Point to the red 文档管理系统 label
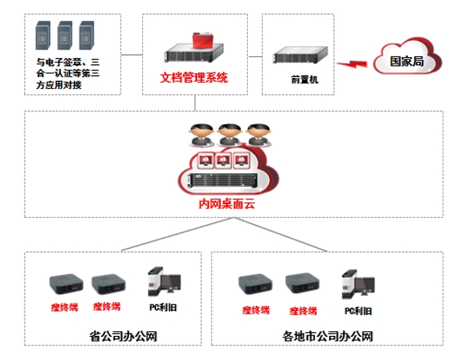click(194, 79)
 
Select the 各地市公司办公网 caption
click(328, 336)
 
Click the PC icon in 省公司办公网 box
click(163, 285)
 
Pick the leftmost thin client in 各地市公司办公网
click(254, 287)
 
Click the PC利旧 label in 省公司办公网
click(161, 307)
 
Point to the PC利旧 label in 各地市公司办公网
click(358, 310)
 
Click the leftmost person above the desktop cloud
click(199, 135)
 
